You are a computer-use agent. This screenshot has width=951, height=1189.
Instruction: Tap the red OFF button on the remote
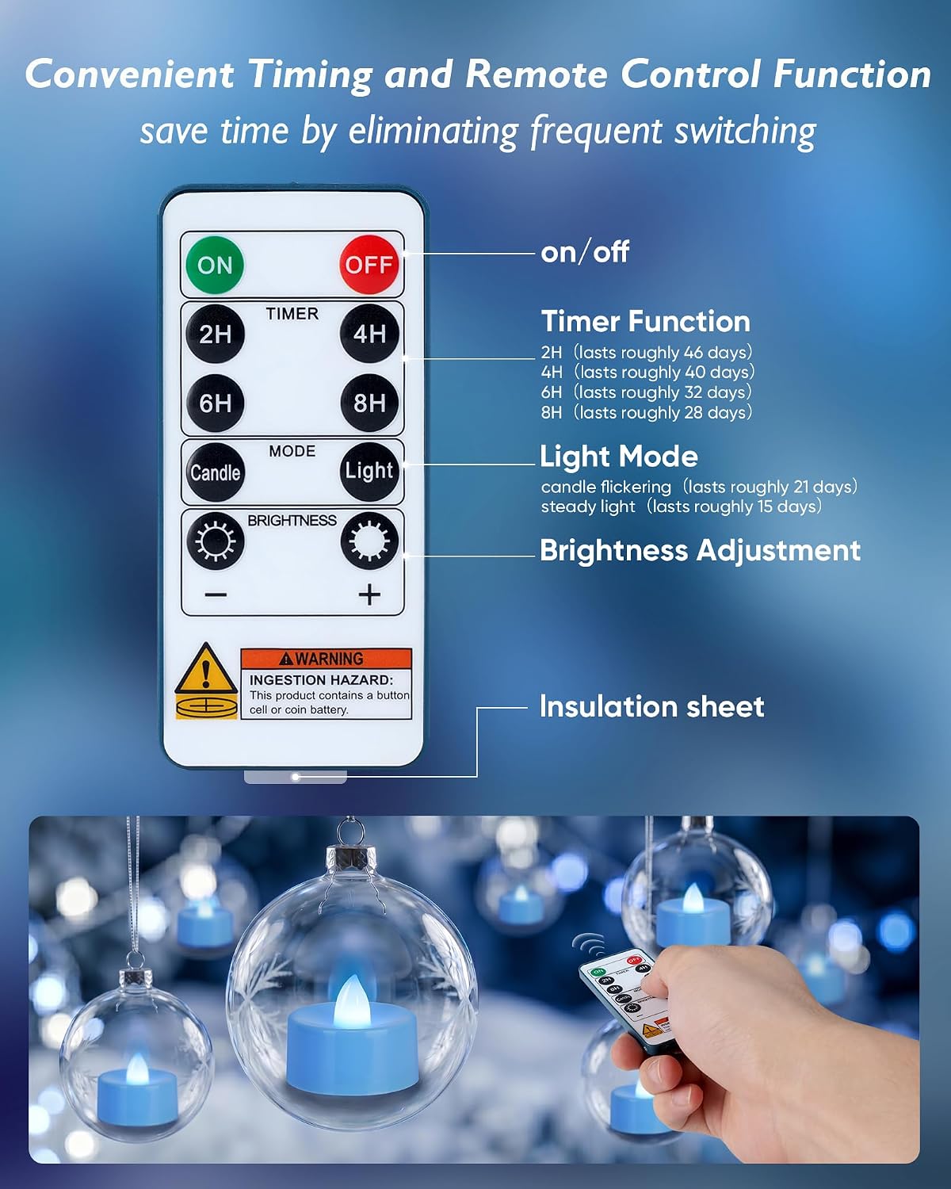coord(369,265)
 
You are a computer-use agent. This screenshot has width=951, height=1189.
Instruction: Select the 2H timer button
coord(215,334)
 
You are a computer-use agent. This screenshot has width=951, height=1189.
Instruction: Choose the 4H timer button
coord(369,334)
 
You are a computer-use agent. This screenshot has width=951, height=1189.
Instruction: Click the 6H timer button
coord(215,403)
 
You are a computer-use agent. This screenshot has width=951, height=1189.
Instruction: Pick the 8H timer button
coord(369,403)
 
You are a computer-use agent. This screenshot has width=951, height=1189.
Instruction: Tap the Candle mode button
coord(215,472)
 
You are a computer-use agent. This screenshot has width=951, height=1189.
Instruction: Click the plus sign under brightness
coord(369,595)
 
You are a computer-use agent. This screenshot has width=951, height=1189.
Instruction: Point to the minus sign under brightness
coord(216,595)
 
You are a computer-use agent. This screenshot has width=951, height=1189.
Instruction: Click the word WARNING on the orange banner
coord(329,659)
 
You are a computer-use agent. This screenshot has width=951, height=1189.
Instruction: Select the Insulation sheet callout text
coord(651,706)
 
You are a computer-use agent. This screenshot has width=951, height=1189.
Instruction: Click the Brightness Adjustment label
coord(700,550)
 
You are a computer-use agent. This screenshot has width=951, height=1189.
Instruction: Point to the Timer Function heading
coord(645,321)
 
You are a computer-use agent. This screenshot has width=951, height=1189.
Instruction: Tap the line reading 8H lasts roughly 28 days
coord(647,412)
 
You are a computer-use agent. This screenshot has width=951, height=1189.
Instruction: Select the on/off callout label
coord(585,253)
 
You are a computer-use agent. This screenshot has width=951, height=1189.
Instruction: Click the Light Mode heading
coord(619,457)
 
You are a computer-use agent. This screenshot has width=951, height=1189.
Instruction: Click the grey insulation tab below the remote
coord(295,776)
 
